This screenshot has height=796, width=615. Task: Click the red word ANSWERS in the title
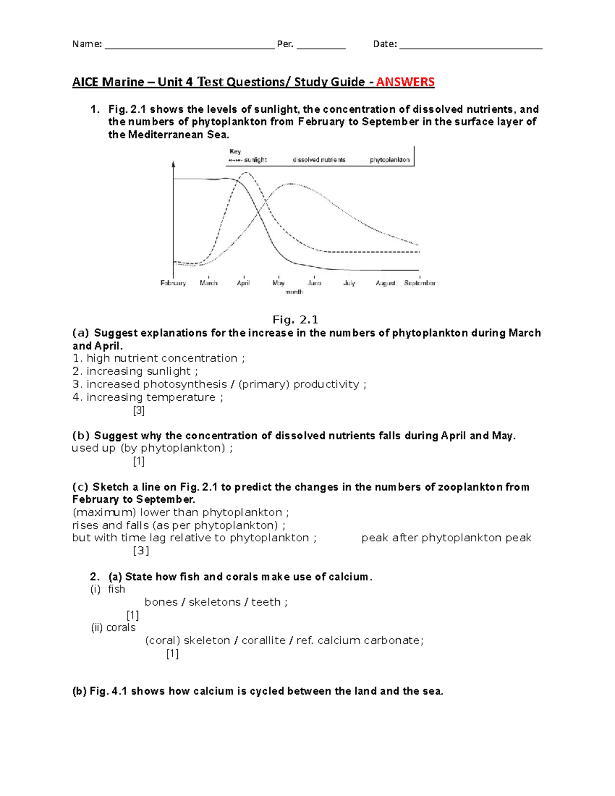405,82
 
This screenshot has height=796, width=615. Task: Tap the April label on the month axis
243,283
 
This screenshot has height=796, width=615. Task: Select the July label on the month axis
349,283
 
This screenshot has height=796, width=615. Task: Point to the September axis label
420,283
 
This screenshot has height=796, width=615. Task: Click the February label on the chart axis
173,283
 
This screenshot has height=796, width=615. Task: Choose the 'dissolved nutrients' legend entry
319,160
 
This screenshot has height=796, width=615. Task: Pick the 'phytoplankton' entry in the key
389,160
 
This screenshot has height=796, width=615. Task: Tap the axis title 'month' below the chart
294,292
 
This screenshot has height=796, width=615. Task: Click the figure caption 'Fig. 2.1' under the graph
295,320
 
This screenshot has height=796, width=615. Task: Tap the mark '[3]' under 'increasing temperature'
138,411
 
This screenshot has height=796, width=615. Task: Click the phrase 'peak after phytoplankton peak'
446,538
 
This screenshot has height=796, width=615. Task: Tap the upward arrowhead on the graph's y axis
174,165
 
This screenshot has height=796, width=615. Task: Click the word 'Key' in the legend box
235,151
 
